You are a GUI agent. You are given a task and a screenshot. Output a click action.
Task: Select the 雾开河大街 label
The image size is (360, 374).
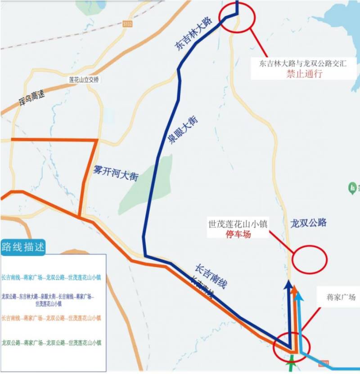(115, 173)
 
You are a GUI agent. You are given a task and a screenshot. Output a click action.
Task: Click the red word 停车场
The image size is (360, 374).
(238, 234)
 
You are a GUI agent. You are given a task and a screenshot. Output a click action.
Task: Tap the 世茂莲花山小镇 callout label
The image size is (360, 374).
(238, 223)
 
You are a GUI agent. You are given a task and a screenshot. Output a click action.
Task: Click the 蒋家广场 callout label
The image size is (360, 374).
(341, 297)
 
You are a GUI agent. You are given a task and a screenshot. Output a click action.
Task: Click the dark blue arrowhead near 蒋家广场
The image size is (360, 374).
(289, 285)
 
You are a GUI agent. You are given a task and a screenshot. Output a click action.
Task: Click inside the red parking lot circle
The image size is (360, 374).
(310, 258)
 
